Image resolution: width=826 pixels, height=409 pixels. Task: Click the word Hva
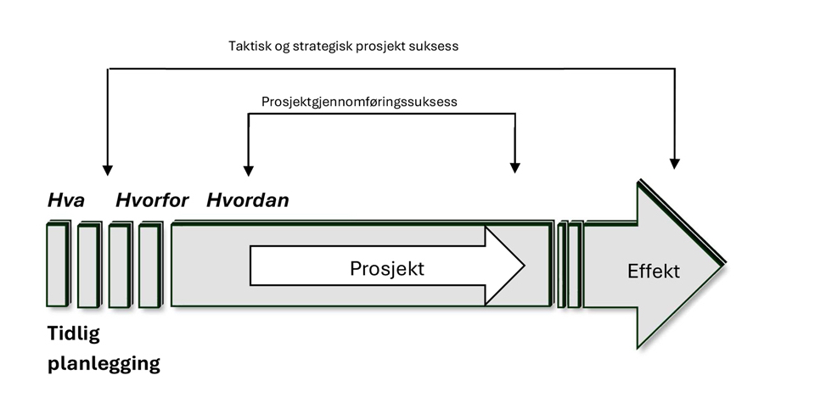[65, 201]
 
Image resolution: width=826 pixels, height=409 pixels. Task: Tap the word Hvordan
[248, 201]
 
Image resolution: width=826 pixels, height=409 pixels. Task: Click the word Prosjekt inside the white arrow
[386, 269]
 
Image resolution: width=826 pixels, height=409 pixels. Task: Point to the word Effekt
[654, 272]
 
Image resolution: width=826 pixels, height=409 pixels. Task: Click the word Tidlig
[73, 334]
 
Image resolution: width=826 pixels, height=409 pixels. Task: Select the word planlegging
[104, 365]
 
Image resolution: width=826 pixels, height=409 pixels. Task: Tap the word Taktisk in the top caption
[251, 46]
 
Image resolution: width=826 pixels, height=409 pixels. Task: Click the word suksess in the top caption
[433, 46]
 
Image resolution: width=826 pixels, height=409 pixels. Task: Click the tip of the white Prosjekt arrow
[524, 266]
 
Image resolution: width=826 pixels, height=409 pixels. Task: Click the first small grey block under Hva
[59, 265]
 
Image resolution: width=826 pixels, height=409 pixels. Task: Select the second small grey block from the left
[88, 265]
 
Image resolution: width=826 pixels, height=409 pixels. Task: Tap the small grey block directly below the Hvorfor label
[149, 265]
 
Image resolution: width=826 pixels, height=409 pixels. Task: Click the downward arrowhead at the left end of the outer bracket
[107, 169]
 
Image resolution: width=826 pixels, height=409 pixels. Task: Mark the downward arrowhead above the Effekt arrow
[675, 162]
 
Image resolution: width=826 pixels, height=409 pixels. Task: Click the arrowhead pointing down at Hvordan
[248, 169]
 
